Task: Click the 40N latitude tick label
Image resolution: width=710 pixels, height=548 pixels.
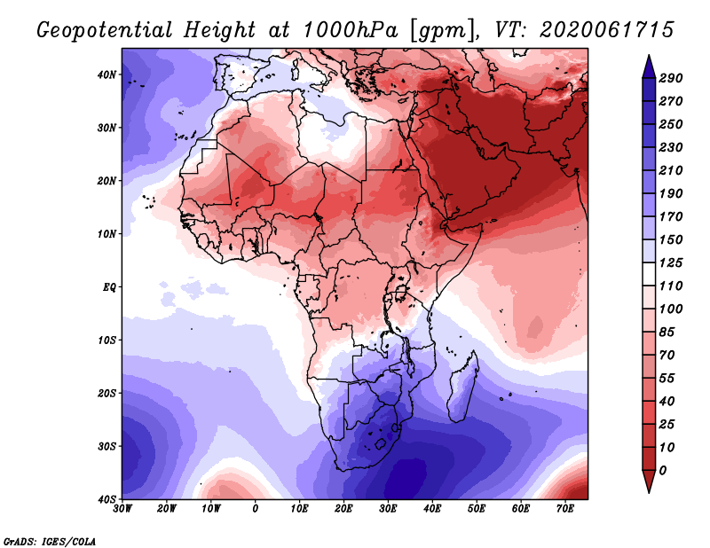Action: [106, 74]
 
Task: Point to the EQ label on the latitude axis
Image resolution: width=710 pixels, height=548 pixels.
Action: [109, 287]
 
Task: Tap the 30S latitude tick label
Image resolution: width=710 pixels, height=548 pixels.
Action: [106, 446]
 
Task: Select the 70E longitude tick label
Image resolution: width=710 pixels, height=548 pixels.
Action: [564, 509]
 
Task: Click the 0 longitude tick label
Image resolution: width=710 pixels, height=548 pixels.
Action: [256, 509]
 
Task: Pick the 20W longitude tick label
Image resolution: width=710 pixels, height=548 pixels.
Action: [167, 509]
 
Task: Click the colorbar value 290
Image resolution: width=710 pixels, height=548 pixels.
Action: [671, 78]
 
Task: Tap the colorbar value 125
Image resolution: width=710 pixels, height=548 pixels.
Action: [671, 262]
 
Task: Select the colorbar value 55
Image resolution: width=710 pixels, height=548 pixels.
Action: [667, 379]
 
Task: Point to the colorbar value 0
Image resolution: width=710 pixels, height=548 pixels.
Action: [663, 471]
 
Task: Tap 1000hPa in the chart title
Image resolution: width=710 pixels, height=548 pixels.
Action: [350, 30]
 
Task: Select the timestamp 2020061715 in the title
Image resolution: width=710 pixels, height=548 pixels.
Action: [607, 30]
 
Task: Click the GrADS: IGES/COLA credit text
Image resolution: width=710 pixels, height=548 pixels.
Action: [50, 541]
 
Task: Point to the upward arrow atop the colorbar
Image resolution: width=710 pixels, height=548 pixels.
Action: [649, 67]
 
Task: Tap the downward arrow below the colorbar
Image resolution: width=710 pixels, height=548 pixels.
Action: [649, 481]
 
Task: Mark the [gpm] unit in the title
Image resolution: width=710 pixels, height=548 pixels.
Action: [443, 31]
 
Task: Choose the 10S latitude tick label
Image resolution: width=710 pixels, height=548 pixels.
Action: [106, 341]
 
